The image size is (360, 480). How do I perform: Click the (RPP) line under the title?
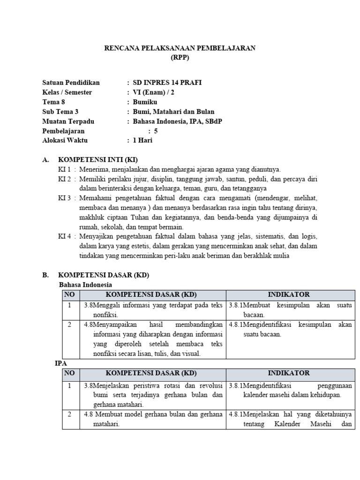point(180,58)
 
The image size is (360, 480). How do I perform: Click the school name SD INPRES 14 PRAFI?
point(167,82)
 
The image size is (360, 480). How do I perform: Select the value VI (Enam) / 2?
point(154,92)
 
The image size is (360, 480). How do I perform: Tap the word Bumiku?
point(145,102)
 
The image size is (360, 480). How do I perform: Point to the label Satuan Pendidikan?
point(71,82)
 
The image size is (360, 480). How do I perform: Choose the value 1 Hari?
point(143,140)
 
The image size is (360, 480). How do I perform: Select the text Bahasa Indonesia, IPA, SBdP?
point(178,121)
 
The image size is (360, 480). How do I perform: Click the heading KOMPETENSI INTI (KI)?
point(97,159)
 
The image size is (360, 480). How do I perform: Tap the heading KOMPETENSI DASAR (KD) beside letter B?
point(103,275)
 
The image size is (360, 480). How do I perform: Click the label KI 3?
point(64,198)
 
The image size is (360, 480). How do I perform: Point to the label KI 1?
point(64,169)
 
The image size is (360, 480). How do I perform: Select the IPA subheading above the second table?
point(60,363)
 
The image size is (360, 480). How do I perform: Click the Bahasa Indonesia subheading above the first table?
point(85,285)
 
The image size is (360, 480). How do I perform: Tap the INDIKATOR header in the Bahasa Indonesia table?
point(288,294)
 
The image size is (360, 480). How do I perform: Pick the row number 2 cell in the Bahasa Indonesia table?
point(69,324)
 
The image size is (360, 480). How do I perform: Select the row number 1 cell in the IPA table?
point(69,386)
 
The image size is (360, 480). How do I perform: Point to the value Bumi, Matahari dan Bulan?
point(173,112)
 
